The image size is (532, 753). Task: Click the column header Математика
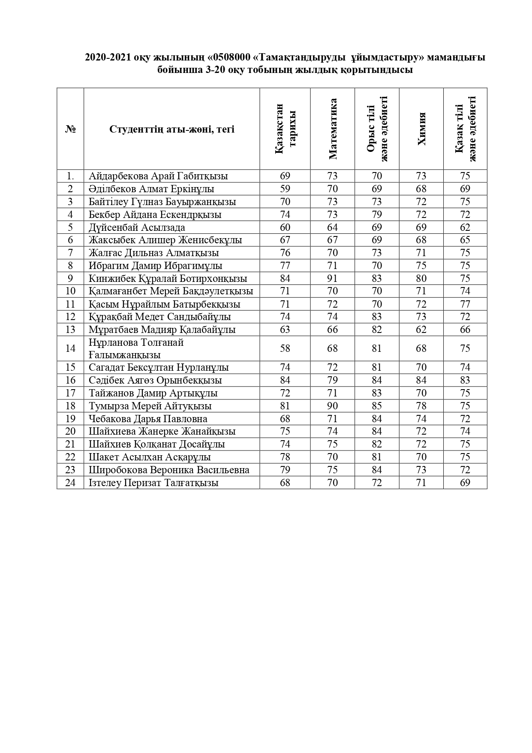pyautogui.click(x=333, y=129)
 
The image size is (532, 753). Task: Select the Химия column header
pyautogui.click(x=421, y=129)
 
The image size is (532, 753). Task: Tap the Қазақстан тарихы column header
pyautogui.click(x=285, y=129)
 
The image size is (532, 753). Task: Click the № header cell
pyautogui.click(x=70, y=129)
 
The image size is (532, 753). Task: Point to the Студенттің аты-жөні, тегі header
pyautogui.click(x=172, y=129)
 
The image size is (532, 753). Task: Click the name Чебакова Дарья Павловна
pyautogui.click(x=148, y=419)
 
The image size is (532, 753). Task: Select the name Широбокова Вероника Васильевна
pyautogui.click(x=169, y=470)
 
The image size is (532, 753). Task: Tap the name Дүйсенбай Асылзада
pyautogui.click(x=137, y=227)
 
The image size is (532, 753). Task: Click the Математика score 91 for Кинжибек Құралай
pyautogui.click(x=332, y=278)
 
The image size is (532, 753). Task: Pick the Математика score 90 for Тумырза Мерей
pyautogui.click(x=332, y=406)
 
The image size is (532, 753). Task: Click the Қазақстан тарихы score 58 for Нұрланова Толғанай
pyautogui.click(x=285, y=348)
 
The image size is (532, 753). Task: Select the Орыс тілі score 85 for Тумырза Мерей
pyautogui.click(x=377, y=406)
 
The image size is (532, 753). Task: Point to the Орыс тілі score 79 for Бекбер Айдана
pyautogui.click(x=377, y=215)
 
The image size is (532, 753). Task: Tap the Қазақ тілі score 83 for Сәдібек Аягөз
pyautogui.click(x=465, y=380)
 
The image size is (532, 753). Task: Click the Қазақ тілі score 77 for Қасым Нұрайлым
pyautogui.click(x=465, y=304)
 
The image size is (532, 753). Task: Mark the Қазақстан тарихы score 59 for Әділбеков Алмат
pyautogui.click(x=285, y=189)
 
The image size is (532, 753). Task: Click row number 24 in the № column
pyautogui.click(x=70, y=483)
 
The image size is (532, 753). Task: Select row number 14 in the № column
pyautogui.click(x=70, y=348)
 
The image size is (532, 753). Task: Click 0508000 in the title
pyautogui.click(x=234, y=57)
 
